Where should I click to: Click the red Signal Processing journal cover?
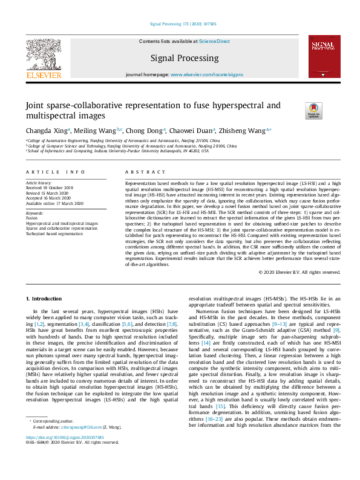324,56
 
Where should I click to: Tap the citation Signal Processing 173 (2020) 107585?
179,24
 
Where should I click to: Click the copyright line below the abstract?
299,272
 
